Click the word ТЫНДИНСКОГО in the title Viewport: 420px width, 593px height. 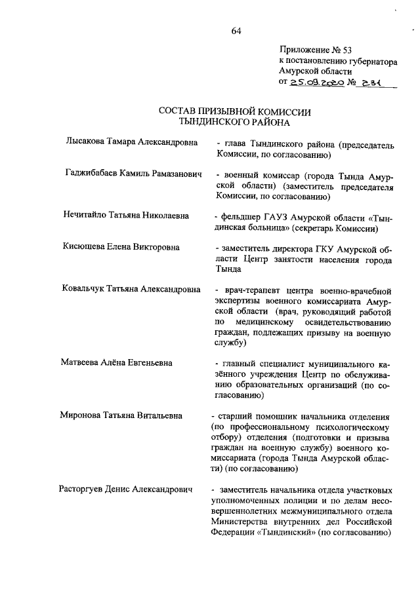213,122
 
